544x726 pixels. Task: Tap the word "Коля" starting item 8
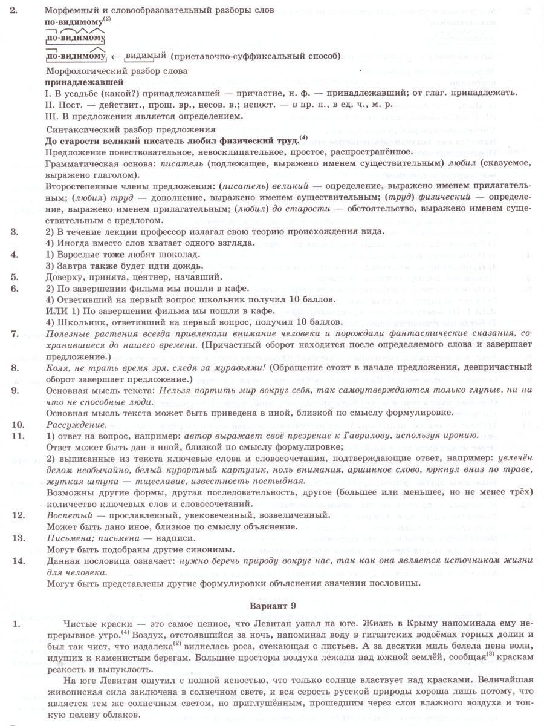[x=58, y=368]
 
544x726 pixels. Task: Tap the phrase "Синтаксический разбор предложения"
[x=131, y=129]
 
